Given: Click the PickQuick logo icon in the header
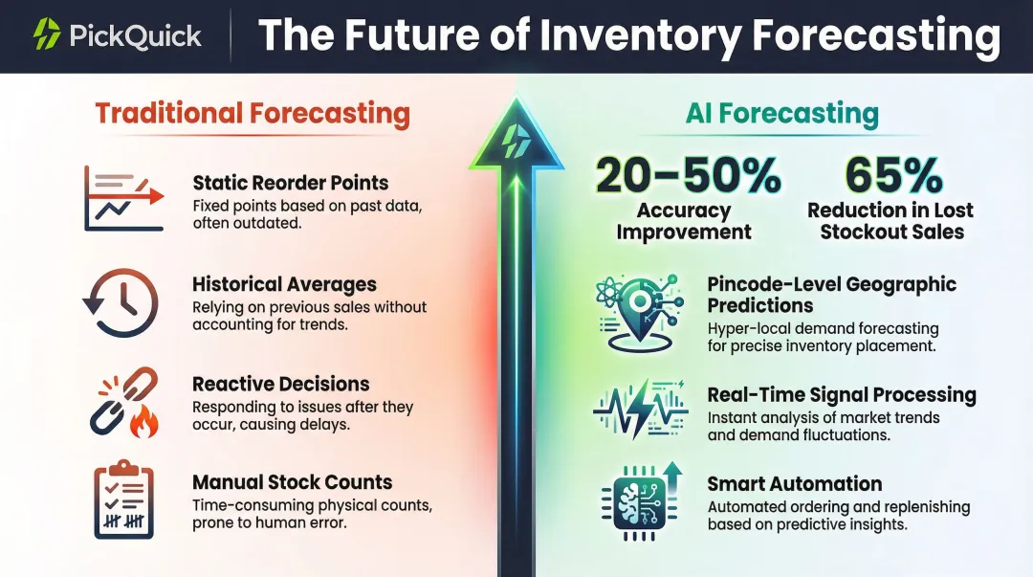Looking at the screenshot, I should point(47,34).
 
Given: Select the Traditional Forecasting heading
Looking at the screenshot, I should point(253,114).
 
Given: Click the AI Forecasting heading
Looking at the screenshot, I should point(781,114).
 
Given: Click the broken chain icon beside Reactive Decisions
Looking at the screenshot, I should point(122,404).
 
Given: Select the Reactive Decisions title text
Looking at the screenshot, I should point(280,384).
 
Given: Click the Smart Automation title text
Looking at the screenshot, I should point(794,484).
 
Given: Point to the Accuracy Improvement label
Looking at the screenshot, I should point(684,221).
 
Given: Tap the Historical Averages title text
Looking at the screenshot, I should point(284,284).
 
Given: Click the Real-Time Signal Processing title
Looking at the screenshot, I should point(841,395).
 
